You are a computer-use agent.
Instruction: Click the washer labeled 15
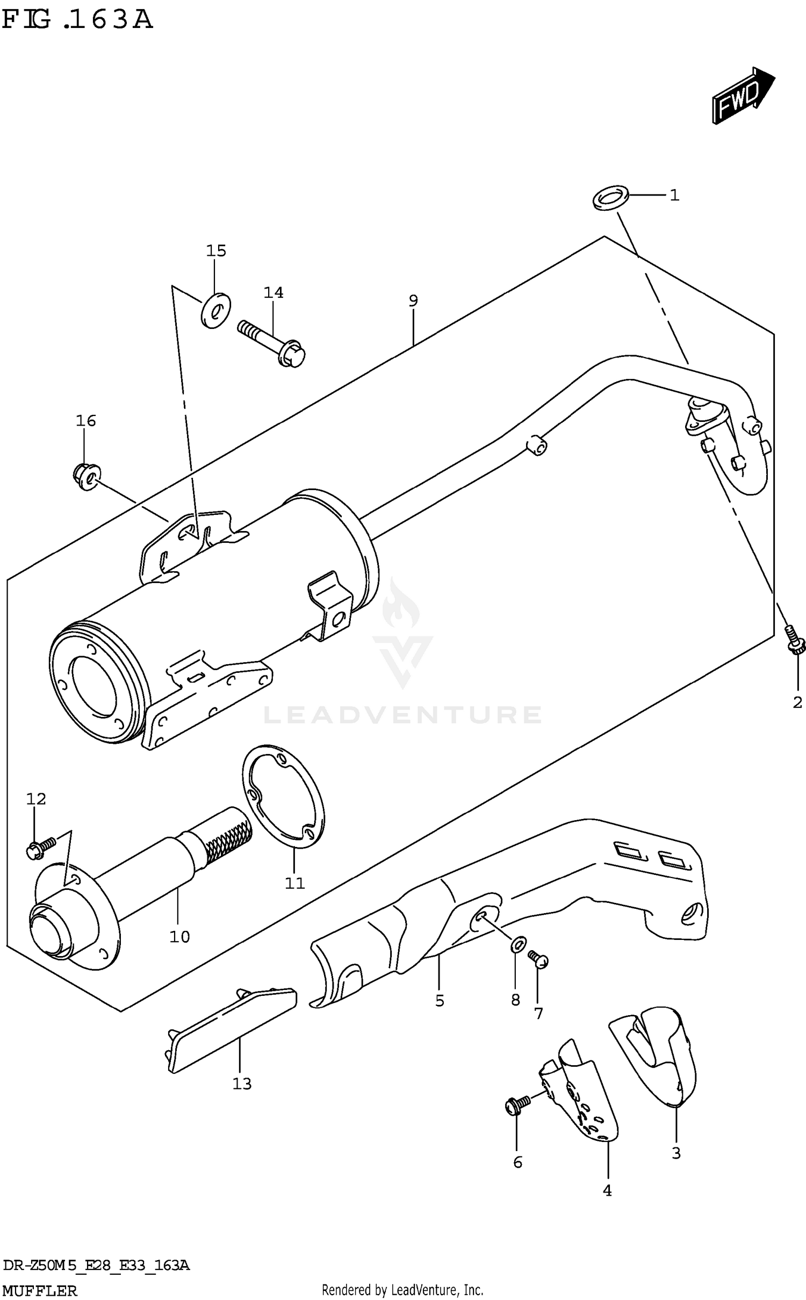tap(215, 310)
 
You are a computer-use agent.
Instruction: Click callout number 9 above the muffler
tap(413, 300)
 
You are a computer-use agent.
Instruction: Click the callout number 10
tap(179, 936)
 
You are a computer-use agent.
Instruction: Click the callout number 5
tap(440, 1000)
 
